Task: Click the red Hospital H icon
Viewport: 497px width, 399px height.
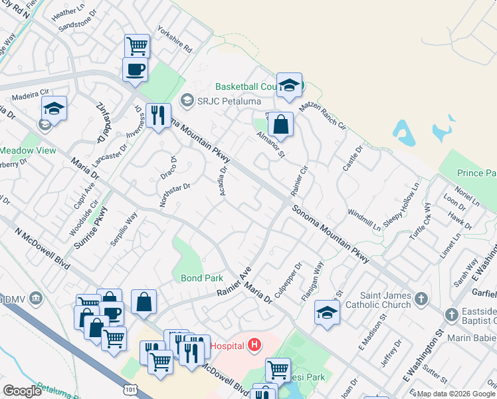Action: (253, 345)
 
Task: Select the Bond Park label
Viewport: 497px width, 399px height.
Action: (196, 277)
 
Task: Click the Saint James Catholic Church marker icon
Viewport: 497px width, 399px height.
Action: (420, 300)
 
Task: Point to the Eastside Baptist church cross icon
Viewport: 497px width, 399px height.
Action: (450, 314)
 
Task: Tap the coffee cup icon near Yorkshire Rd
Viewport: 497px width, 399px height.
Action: (136, 68)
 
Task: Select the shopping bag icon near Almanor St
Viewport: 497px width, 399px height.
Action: (281, 124)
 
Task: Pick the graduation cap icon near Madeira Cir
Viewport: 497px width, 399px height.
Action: (54, 107)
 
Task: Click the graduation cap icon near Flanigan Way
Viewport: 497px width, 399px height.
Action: (326, 312)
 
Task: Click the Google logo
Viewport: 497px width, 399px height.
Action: (22, 391)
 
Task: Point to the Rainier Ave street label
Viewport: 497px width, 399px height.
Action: (234, 282)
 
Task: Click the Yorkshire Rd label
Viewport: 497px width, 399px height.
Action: (175, 39)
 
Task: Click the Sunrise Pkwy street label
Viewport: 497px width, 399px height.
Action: (91, 228)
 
